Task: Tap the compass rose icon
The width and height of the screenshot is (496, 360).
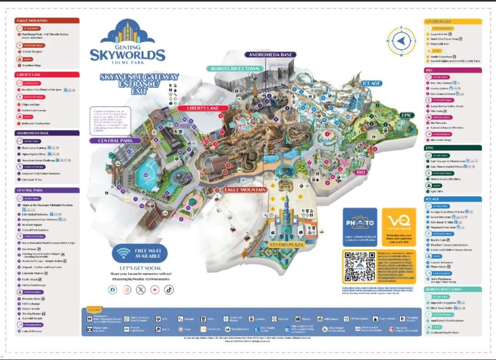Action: click(401, 41)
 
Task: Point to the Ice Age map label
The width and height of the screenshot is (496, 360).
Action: click(371, 83)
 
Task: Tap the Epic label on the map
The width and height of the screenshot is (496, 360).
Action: click(406, 115)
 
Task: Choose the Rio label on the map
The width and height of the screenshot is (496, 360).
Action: click(361, 172)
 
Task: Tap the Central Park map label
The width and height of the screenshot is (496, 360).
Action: click(122, 141)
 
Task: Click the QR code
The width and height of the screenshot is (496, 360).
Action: click(360, 267)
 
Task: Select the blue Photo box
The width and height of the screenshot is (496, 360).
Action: click(360, 227)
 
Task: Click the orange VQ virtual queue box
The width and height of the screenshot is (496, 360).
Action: click(399, 227)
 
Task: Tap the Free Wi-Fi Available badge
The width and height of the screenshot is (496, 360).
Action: click(139, 253)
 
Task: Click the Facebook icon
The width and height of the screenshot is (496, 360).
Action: click(113, 289)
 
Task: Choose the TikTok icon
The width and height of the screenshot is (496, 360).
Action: click(169, 289)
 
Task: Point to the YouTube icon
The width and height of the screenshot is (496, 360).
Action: click(155, 289)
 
